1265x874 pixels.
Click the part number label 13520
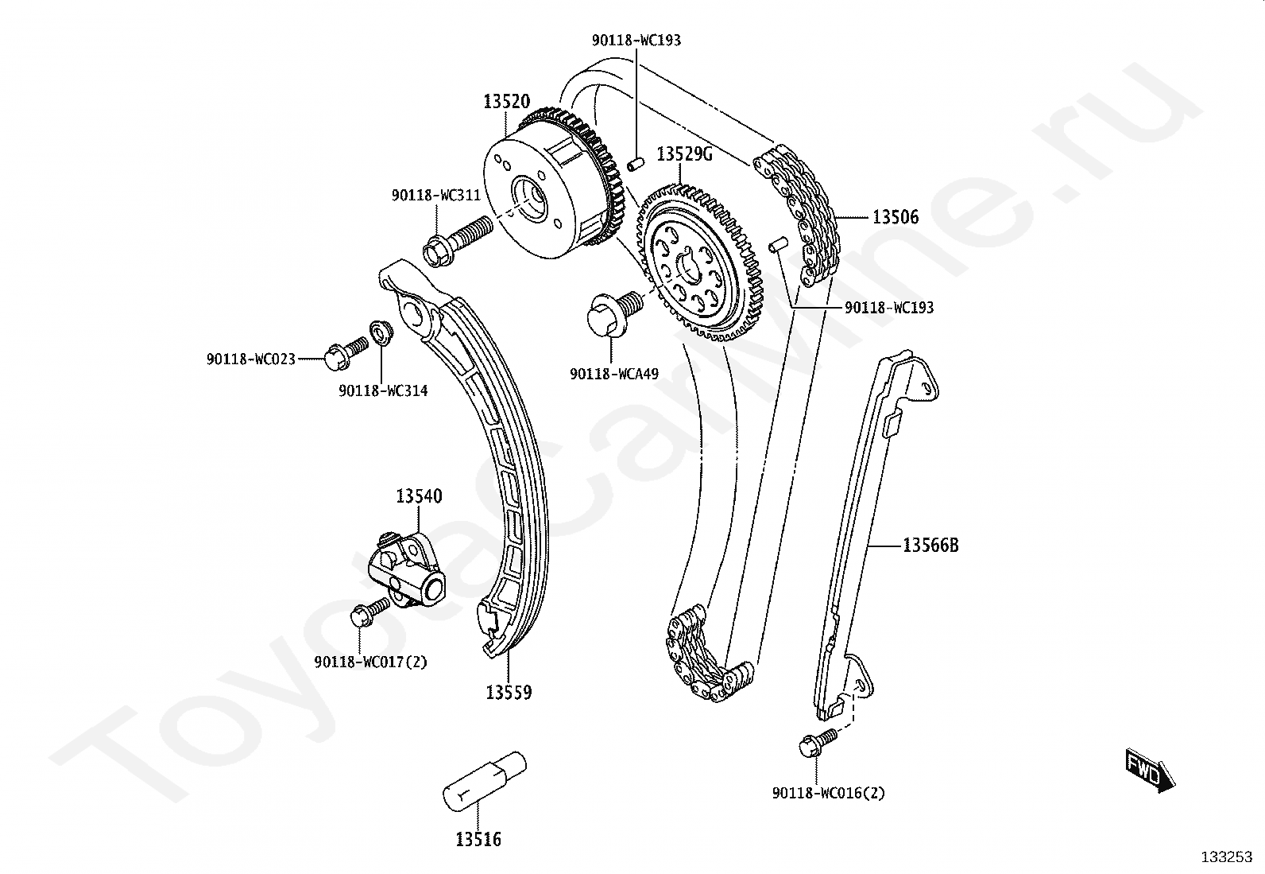pos(506,102)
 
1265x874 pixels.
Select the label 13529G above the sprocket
pos(684,154)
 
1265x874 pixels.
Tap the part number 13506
pos(896,216)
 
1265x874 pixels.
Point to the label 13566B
pos(930,546)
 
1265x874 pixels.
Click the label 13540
pos(419,496)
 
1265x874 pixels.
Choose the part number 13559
pos(509,693)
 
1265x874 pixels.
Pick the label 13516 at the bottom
pos(478,838)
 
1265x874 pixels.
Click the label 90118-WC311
pos(435,195)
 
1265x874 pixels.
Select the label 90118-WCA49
pos(614,373)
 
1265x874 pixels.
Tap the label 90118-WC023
pos(251,359)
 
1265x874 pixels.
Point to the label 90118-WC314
pos(383,390)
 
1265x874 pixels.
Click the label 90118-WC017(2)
pos(371,662)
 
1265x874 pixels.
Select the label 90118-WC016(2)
pos(828,793)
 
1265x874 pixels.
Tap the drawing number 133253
pos(1226,857)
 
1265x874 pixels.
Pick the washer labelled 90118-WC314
pos(381,333)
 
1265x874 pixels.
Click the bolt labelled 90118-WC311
pos(457,240)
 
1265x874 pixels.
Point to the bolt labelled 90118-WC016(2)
pos(817,743)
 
